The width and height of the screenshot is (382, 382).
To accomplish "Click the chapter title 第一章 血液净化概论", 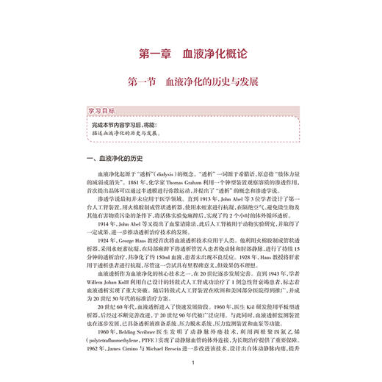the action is pos(190,53).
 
